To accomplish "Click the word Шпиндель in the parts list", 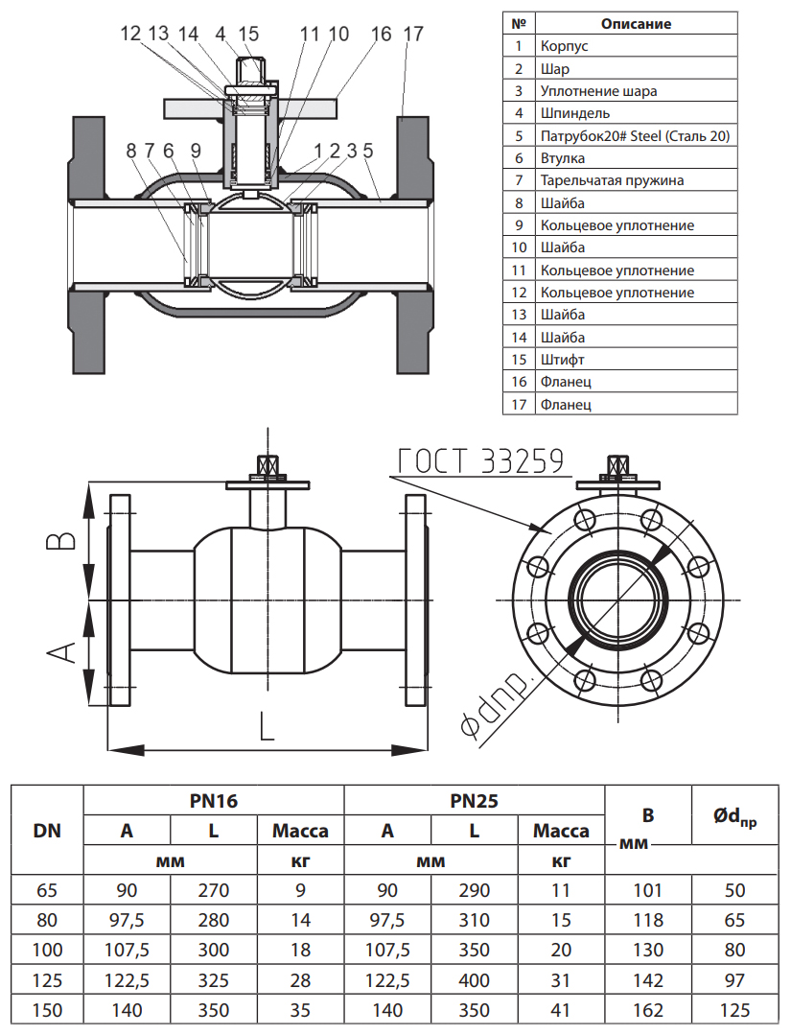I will pyautogui.click(x=570, y=113).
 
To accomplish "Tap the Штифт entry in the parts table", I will pyautogui.click(x=562, y=360).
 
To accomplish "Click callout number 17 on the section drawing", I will pyautogui.click(x=412, y=34).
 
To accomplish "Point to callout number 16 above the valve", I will pyautogui.click(x=381, y=34).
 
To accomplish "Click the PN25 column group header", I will pyautogui.click(x=474, y=801).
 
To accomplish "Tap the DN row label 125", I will pyautogui.click(x=47, y=981).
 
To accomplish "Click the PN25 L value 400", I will pyautogui.click(x=474, y=981).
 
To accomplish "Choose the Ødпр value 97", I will pyautogui.click(x=734, y=981).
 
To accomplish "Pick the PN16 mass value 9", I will pyautogui.click(x=300, y=890).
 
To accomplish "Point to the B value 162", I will pyautogui.click(x=648, y=1011).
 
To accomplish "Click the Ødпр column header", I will pyautogui.click(x=734, y=816).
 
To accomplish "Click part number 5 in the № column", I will pyautogui.click(x=518, y=136).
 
